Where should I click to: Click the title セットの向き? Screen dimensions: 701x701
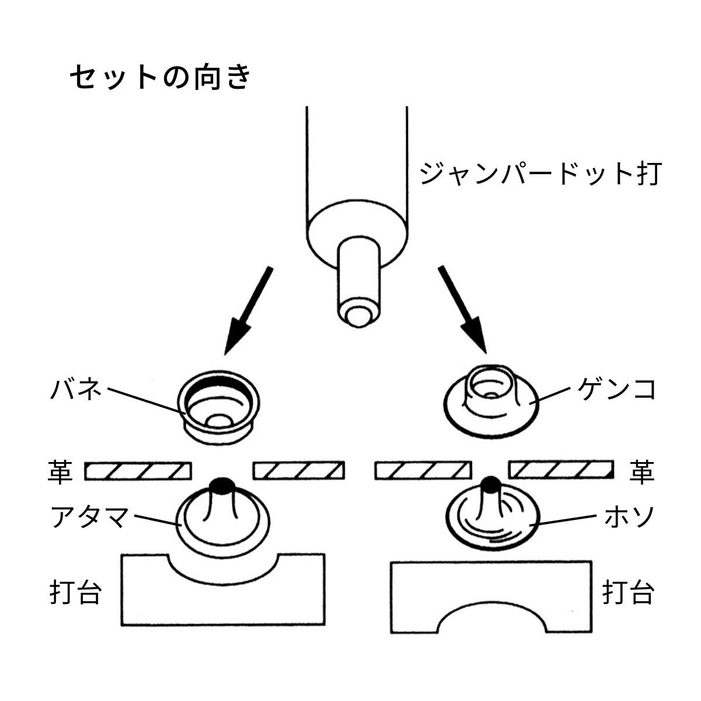[x=161, y=77]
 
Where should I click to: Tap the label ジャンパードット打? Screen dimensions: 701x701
[x=540, y=174]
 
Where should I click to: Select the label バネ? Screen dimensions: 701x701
[x=76, y=389]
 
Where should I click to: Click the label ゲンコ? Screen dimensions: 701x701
[x=617, y=389]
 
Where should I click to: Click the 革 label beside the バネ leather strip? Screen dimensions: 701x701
[x=60, y=472]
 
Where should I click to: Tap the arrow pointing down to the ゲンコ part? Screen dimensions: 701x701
[x=462, y=310]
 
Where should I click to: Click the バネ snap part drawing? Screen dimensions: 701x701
[x=218, y=407]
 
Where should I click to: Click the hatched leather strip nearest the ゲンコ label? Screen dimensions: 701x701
[x=561, y=470]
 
